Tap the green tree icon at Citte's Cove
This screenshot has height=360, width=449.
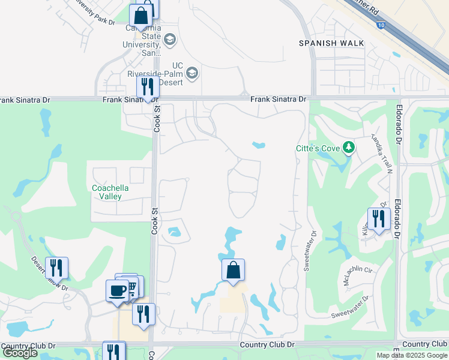tap(348, 147)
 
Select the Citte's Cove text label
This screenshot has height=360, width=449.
tap(318, 148)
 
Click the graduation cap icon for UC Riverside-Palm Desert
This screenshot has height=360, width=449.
tap(192, 73)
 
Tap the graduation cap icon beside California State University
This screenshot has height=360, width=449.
tap(170, 40)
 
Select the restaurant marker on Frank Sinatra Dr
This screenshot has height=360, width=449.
tap(147, 87)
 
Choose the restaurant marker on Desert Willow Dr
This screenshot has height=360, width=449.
tap(56, 268)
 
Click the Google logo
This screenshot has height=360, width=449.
tap(20, 353)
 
